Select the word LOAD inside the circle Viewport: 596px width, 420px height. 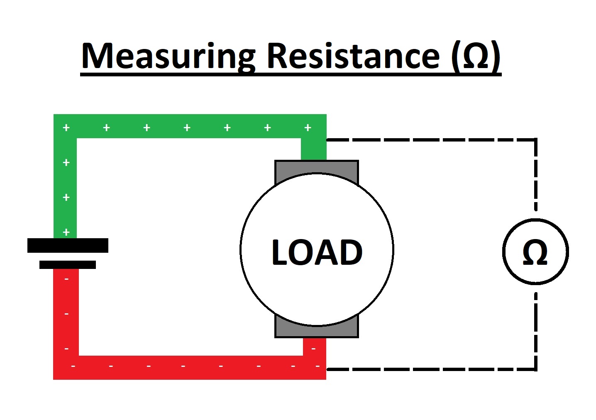coord(317,252)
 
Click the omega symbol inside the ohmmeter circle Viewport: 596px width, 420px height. coord(535,252)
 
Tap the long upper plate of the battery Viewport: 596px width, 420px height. coord(68,245)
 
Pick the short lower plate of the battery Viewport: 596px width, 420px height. coord(68,264)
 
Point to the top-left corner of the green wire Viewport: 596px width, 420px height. coord(65,126)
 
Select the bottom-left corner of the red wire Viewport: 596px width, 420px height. coord(66,367)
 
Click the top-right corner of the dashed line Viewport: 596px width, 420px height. coord(535,140)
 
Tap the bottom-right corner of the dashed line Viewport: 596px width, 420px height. coord(535,369)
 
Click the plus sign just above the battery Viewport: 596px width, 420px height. coord(66,232)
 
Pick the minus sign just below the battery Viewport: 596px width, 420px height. coord(67,279)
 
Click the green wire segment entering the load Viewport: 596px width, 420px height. coord(314,149)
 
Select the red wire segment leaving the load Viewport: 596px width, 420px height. coord(314,347)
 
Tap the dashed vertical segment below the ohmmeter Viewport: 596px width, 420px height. coord(535,328)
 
